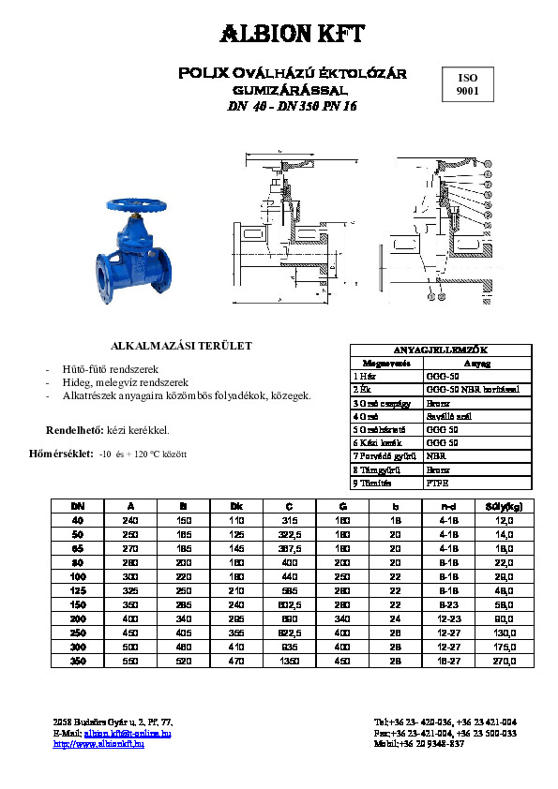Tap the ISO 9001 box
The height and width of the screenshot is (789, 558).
click(x=467, y=85)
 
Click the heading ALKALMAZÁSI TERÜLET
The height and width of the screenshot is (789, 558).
click(x=182, y=346)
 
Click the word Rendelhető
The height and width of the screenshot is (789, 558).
click(x=74, y=430)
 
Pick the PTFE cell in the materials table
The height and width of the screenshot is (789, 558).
click(x=437, y=484)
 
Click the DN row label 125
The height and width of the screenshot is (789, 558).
click(x=78, y=592)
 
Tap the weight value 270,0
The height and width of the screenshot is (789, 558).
click(x=505, y=661)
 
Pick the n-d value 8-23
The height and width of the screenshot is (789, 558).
click(x=449, y=606)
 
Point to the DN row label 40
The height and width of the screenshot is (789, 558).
click(x=78, y=519)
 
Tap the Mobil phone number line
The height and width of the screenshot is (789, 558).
click(x=418, y=744)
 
